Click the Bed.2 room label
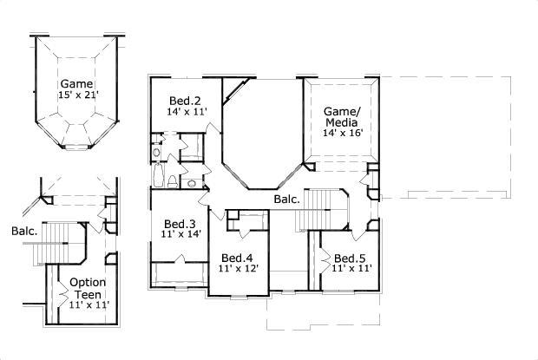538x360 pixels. click(x=184, y=100)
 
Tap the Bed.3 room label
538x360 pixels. click(x=180, y=221)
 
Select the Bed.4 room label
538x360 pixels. click(x=236, y=258)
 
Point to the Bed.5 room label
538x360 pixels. click(x=350, y=258)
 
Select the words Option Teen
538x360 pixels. click(x=88, y=288)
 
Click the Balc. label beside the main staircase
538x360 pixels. click(x=287, y=200)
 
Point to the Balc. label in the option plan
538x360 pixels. click(x=23, y=232)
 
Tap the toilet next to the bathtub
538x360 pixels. click(x=174, y=180)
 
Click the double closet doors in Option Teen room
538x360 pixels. click(x=52, y=291)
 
